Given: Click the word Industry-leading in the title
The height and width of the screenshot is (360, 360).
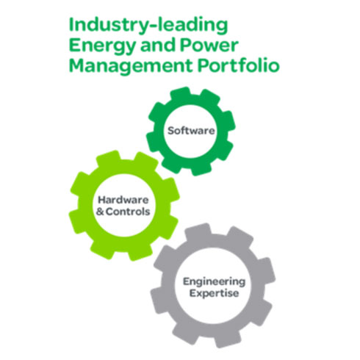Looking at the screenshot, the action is point(148,26).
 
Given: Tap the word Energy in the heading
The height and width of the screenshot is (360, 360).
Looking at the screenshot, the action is point(102,46).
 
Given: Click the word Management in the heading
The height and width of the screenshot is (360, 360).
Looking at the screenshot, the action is point(131,66).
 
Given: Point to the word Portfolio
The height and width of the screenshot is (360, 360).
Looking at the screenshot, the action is point(239,65).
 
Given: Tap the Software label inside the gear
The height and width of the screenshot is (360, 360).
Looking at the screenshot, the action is point(191,131).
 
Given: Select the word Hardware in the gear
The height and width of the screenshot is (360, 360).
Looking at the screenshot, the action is point(123,200).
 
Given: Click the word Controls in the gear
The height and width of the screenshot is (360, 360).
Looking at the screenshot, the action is point(128,212).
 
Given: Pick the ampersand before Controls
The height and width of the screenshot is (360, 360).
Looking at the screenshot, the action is point(100,212).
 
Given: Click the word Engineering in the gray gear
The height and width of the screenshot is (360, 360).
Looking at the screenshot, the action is point(214,282).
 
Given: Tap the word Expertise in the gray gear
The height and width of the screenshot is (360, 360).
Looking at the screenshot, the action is point(214,293).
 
